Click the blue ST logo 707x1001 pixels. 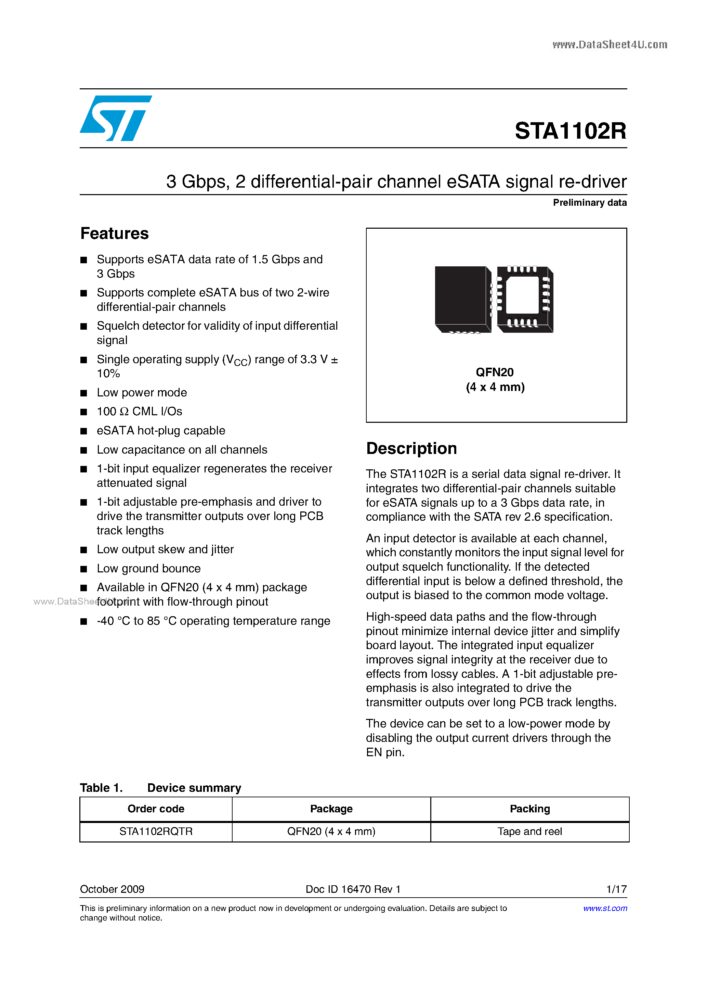(x=115, y=118)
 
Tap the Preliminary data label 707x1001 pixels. (x=589, y=203)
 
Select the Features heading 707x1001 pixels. (x=115, y=234)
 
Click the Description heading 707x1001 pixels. (x=411, y=448)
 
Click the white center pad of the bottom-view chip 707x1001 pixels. (x=522, y=295)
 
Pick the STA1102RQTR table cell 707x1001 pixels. (x=156, y=832)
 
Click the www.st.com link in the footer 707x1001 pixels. (x=605, y=908)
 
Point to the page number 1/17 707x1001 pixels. (x=616, y=889)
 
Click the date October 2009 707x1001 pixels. (x=112, y=889)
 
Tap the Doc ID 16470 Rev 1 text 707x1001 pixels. (x=353, y=889)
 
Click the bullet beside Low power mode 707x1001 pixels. (x=84, y=393)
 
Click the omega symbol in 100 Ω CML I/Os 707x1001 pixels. (x=124, y=411)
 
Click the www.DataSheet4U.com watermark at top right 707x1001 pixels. (x=610, y=45)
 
